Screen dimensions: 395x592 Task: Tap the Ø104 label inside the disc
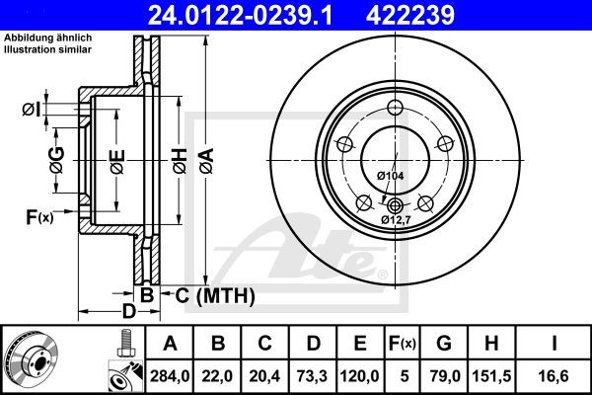389,175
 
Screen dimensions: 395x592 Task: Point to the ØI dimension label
31,108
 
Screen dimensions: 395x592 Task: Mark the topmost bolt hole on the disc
395,109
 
